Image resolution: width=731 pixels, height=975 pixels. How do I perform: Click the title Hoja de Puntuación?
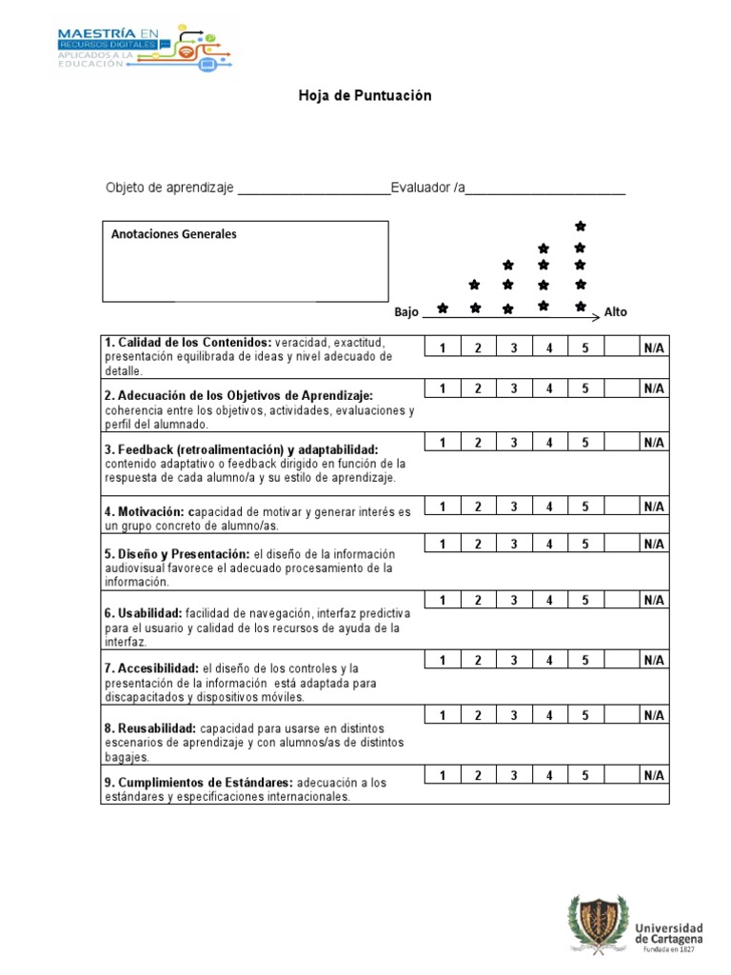tap(365, 96)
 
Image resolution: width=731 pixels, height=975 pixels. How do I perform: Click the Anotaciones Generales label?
tap(174, 234)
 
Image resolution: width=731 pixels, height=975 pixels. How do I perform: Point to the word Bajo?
tap(406, 312)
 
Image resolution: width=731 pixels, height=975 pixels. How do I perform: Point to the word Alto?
tap(616, 312)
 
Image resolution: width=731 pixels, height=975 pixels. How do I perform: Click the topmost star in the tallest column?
tap(581, 227)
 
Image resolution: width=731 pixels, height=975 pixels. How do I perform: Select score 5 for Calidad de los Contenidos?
tap(586, 348)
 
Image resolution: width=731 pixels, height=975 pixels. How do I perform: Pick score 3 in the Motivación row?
tap(514, 507)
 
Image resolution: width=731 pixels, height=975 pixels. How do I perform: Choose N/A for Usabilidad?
tap(653, 600)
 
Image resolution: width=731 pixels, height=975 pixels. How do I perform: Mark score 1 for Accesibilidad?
tap(443, 660)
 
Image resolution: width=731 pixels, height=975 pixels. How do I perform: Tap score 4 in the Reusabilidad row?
tap(550, 715)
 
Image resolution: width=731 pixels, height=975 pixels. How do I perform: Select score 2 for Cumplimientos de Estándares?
tap(478, 775)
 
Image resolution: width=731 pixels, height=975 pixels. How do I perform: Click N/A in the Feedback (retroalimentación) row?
tap(653, 442)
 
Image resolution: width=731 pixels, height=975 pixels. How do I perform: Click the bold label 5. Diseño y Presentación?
tap(177, 553)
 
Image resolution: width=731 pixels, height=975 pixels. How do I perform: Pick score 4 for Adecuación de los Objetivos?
tap(550, 388)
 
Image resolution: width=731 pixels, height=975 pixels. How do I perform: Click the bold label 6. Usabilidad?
tap(144, 614)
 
